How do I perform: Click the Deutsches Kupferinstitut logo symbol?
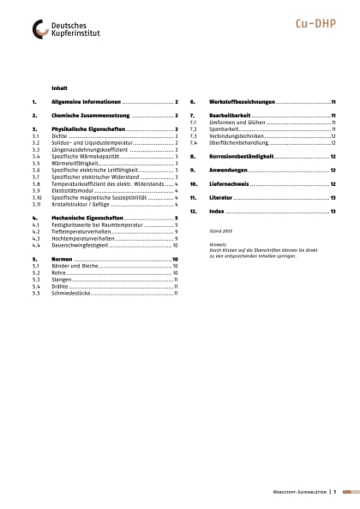(41, 29)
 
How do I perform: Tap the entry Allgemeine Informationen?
(87, 101)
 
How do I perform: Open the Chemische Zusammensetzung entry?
(91, 114)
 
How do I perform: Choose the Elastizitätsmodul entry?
(72, 190)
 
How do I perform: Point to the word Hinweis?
(219, 244)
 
